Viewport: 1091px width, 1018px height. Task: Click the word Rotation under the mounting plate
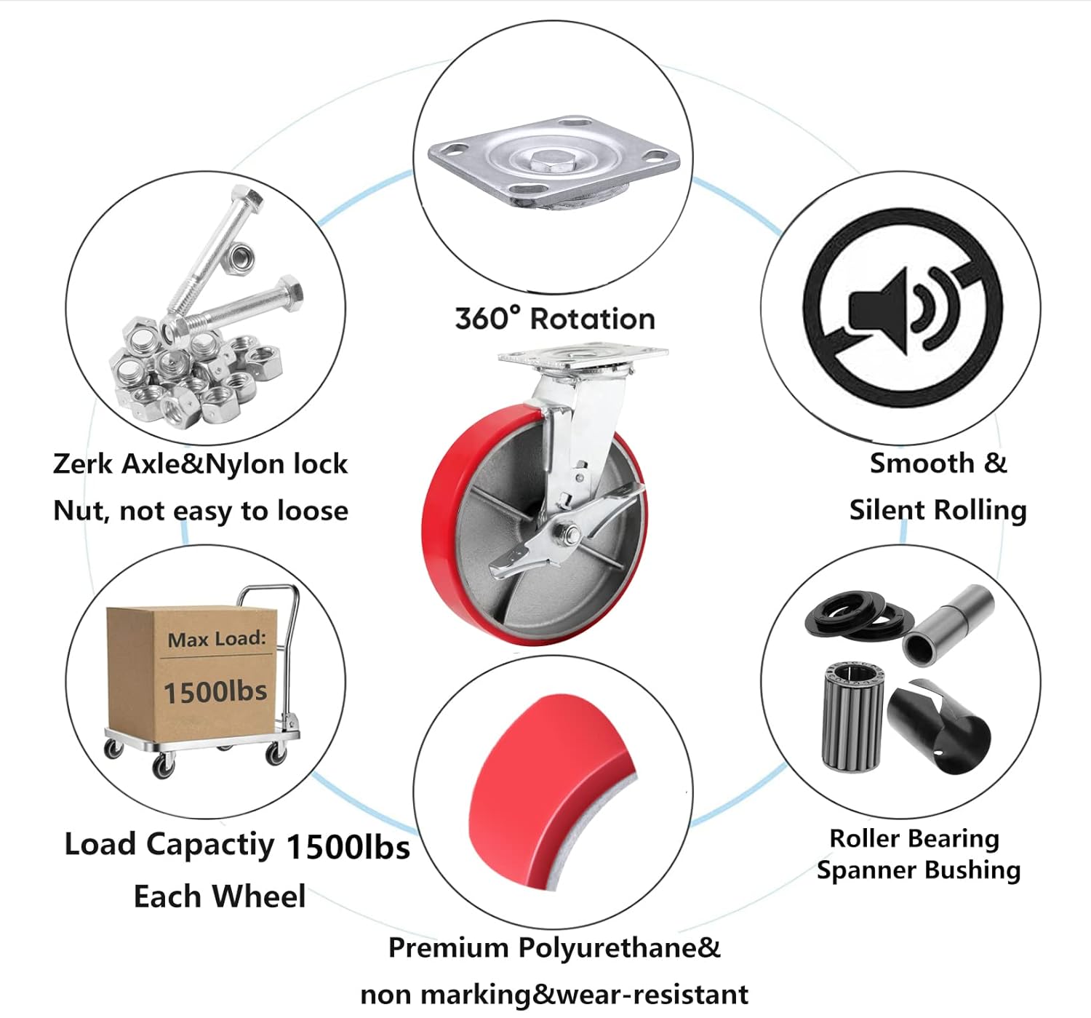tap(592, 319)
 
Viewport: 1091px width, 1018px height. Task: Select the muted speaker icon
tap(903, 309)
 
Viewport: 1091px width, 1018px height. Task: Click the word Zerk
tap(83, 464)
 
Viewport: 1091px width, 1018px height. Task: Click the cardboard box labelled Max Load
tap(191, 669)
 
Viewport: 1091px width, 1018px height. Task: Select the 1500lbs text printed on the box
tap(215, 691)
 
